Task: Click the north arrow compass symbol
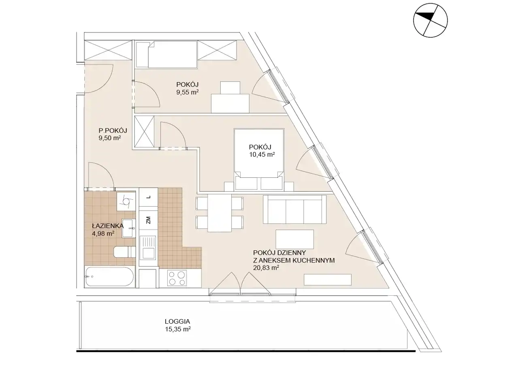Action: coord(430,20)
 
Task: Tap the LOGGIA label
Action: coord(177,321)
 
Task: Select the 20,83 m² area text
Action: coord(266,268)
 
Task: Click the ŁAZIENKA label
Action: coord(108,226)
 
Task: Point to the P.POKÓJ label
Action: coord(113,130)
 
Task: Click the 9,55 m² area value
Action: coord(187,92)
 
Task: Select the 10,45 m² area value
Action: coord(262,154)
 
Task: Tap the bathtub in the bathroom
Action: coord(109,277)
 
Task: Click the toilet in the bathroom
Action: coord(124,252)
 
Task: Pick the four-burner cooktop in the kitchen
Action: coord(177,278)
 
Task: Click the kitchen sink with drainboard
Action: coord(147,247)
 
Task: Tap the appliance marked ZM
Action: coord(148,220)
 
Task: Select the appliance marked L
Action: coord(148,197)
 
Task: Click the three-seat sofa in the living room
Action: coord(294,209)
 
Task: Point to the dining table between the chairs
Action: coord(220,213)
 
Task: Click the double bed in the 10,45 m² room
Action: coord(259,159)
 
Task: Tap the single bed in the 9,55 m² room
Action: coord(167,55)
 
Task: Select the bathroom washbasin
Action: coord(129,228)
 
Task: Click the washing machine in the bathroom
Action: coord(126,201)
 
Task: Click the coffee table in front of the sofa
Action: coord(295,239)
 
